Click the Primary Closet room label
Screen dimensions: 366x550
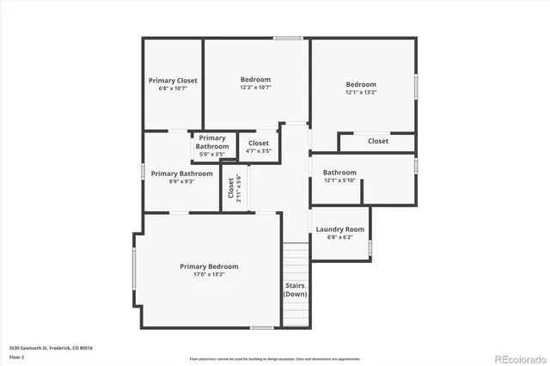tap(172, 80)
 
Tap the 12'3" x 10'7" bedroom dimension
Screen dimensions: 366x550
tap(255, 88)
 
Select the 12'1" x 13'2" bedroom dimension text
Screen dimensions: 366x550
tap(361, 93)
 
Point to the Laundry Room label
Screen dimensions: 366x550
tap(340, 229)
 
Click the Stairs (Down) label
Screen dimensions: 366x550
tap(295, 290)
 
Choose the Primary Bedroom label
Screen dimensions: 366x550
tap(209, 266)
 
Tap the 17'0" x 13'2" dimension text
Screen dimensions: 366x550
tap(209, 276)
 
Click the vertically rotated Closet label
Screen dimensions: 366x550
tap(230, 188)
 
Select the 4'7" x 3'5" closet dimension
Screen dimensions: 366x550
tap(258, 151)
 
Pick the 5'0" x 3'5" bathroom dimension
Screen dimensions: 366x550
tap(212, 155)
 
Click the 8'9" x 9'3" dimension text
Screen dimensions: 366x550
tap(181, 181)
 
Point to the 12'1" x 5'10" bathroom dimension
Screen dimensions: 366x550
tap(339, 180)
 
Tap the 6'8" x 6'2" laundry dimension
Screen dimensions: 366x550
tap(340, 238)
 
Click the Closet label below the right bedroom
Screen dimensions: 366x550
tap(378, 141)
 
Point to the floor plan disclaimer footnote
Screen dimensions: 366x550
tap(275, 358)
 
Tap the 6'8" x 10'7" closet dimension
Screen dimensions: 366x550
tap(172, 88)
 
